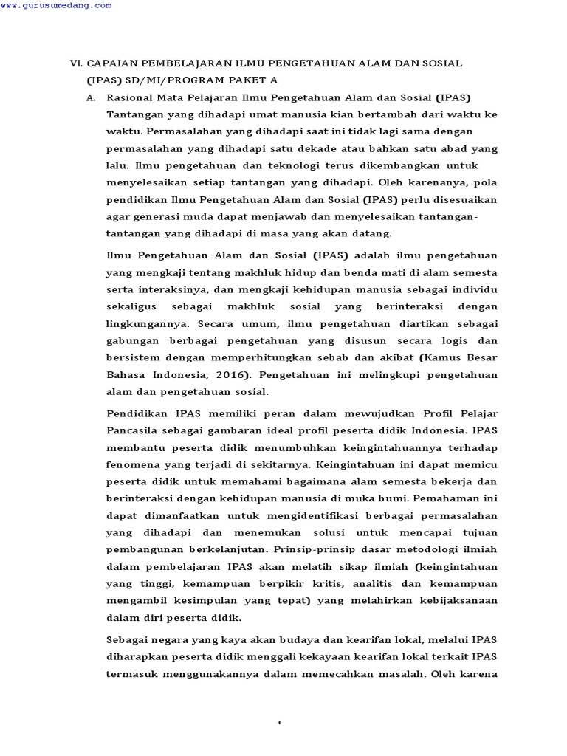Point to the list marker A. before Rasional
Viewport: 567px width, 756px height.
point(91,97)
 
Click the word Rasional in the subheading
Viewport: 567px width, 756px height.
point(131,97)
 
